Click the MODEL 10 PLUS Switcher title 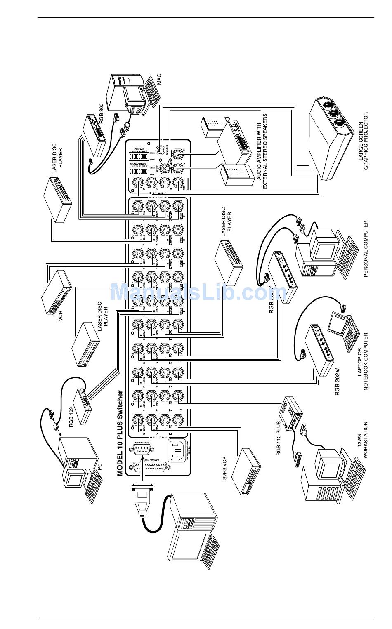coord(120,433)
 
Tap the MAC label coord(158,79)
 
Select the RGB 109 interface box coord(83,406)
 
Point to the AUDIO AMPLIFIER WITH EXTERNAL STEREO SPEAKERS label coord(262,151)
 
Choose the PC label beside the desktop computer coord(99,466)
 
